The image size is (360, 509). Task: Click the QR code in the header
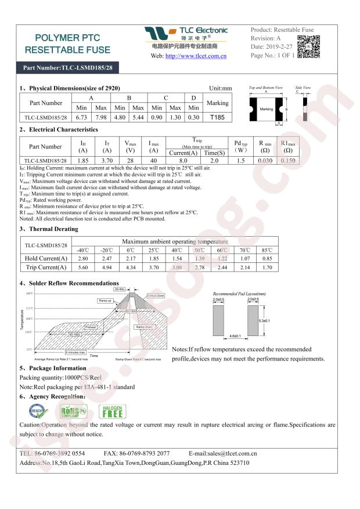pos(308,47)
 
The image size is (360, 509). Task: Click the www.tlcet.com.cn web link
pos(196,56)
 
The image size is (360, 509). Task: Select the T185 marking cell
pos(217,117)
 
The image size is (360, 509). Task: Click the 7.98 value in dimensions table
pos(101,117)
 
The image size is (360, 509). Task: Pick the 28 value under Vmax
pos(131,160)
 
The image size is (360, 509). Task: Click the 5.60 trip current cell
pos(82,267)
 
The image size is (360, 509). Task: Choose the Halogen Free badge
pos(111,411)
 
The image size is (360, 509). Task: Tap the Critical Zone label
pos(156,296)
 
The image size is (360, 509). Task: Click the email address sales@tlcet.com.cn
pos(223,453)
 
